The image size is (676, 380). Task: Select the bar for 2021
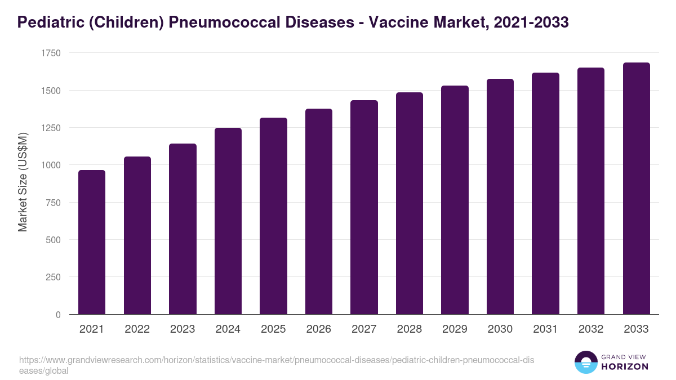point(92,242)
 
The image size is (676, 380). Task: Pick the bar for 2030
point(500,196)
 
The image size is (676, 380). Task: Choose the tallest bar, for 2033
point(636,189)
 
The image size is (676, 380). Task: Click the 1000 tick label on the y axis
point(50,165)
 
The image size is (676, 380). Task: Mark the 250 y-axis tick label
point(53,277)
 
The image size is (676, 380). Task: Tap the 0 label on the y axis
point(58,315)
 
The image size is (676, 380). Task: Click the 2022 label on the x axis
point(137,329)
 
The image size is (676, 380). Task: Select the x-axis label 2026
point(319,329)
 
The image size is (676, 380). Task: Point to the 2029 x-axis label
point(455,329)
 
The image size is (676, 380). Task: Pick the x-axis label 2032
point(591,329)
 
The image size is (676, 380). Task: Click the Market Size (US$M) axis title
point(23,182)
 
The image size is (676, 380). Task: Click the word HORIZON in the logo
point(625,366)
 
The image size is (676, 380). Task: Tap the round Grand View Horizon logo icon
point(586,363)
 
